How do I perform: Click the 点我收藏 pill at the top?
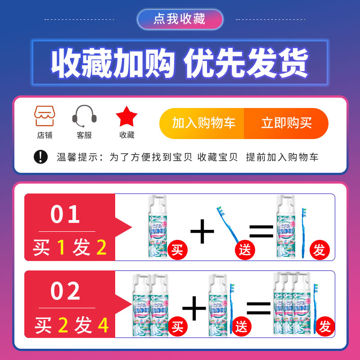pos(180,19)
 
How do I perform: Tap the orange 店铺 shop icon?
pos(45,116)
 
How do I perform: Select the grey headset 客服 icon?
pos(84,116)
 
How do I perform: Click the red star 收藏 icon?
pos(126,117)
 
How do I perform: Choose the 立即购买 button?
pos(286,123)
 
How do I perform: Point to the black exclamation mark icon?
pos(40,157)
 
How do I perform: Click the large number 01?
pos(66,215)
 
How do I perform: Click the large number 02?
pos(66,291)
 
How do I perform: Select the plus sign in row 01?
pos(202,233)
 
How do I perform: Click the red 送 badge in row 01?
pos(245,250)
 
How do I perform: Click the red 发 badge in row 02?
pos(325,327)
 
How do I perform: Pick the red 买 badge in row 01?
pos(176,250)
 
